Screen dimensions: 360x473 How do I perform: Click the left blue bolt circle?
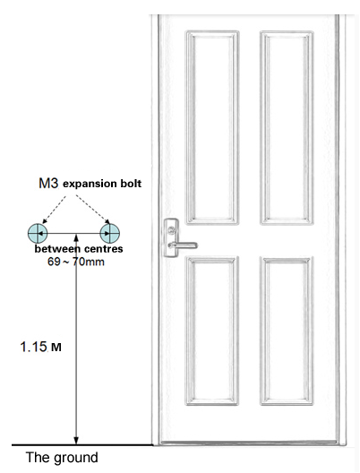(x=38, y=233)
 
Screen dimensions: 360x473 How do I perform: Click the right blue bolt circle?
(x=110, y=233)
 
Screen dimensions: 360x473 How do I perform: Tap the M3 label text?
(x=48, y=183)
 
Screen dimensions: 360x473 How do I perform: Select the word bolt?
(x=131, y=183)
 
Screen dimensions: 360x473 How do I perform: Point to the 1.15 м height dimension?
(x=40, y=347)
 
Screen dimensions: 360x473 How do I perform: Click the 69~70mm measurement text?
(x=76, y=262)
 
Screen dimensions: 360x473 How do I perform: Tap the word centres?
(x=104, y=249)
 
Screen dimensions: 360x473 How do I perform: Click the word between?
(x=57, y=249)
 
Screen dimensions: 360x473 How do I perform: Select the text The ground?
(x=62, y=457)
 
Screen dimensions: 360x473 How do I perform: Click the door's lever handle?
(x=183, y=245)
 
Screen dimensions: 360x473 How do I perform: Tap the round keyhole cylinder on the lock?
(x=172, y=230)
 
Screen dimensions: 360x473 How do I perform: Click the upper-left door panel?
(x=212, y=127)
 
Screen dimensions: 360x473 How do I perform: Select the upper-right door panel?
(x=287, y=127)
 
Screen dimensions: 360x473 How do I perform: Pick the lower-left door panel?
(x=212, y=331)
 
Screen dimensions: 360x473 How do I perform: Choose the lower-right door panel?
(x=287, y=331)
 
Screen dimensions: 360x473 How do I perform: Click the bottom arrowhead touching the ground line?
(x=76, y=441)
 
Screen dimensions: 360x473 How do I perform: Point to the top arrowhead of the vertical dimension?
(x=76, y=237)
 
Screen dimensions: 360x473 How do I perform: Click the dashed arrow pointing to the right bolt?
(x=93, y=210)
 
